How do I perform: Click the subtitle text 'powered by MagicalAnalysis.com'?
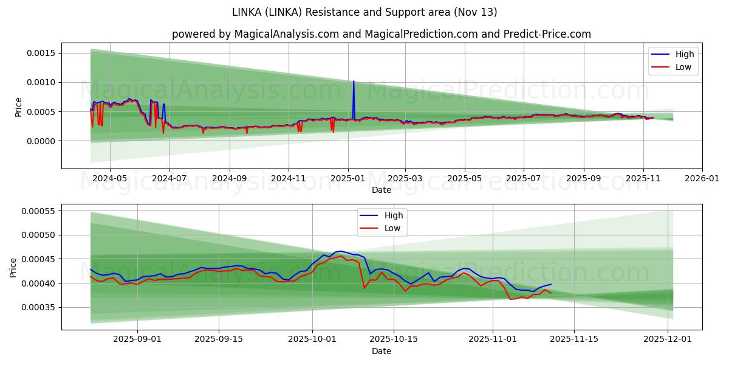pos(256,34)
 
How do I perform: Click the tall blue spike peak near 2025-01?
pos(354,81)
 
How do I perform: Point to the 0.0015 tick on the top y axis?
pos(41,53)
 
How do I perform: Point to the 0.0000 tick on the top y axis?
pos(41,141)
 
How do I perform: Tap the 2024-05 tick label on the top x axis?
pos(109,179)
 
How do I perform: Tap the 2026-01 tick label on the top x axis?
pos(702,179)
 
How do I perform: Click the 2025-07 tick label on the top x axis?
pos(524,179)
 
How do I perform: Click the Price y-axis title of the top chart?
pos(18,106)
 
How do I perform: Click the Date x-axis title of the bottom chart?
pos(381,351)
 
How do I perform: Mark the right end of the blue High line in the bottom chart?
pos(551,284)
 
